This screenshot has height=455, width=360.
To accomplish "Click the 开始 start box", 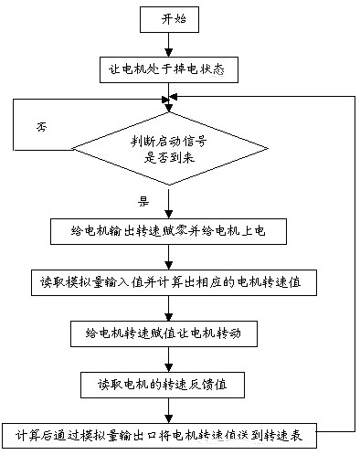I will (x=165, y=17).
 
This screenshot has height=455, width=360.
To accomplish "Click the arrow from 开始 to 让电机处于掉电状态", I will (x=165, y=42).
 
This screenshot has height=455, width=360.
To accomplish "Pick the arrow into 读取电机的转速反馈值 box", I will (x=165, y=359).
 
